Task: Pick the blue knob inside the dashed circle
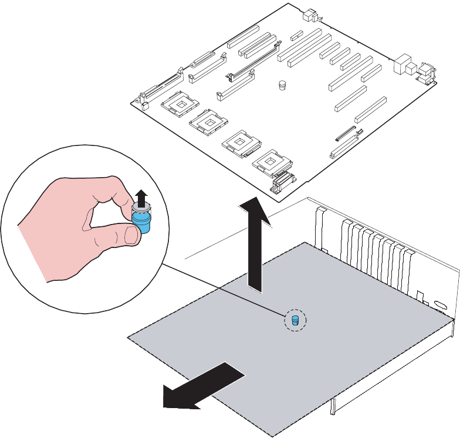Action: coord(295,320)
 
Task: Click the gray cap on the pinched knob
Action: coord(141,207)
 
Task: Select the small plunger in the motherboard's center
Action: coord(282,85)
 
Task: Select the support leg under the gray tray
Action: coord(333,405)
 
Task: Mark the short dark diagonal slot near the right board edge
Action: coord(346,134)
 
